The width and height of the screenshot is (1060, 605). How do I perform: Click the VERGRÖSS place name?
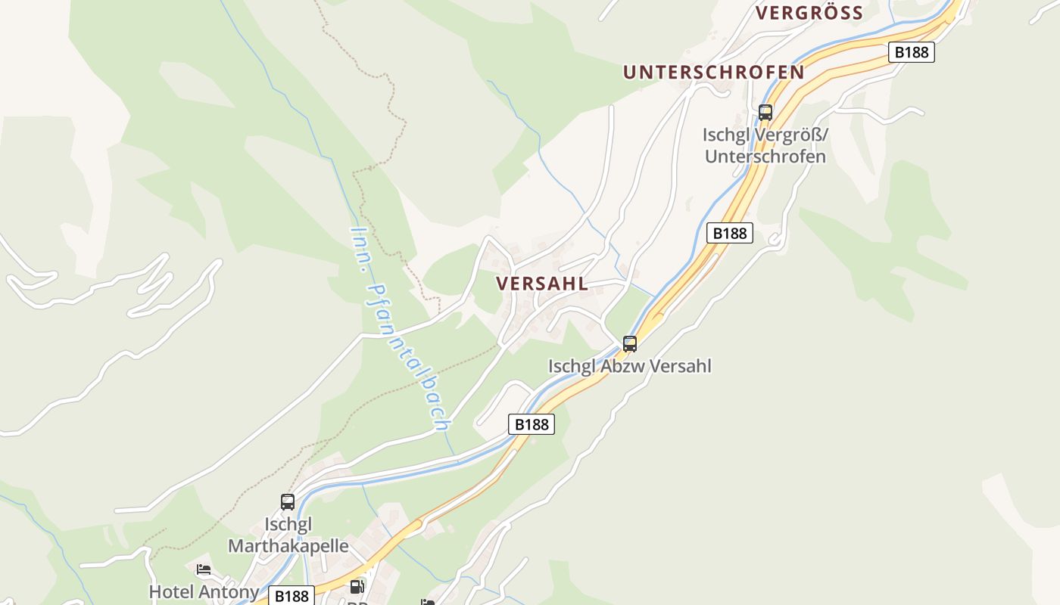tap(809, 13)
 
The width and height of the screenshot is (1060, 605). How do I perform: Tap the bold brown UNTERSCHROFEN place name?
tap(713, 72)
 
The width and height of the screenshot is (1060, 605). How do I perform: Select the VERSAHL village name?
tap(541, 284)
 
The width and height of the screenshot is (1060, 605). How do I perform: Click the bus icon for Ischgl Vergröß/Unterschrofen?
tap(765, 113)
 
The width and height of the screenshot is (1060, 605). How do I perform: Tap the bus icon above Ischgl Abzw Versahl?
tap(630, 344)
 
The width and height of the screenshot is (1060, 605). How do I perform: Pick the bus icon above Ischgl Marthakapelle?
tap(288, 501)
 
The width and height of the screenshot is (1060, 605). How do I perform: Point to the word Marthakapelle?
tap(288, 546)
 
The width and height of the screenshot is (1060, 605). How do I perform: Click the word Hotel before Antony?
tap(171, 591)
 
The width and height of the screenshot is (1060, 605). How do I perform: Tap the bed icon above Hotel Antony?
tap(203, 569)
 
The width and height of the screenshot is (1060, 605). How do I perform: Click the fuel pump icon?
tap(356, 586)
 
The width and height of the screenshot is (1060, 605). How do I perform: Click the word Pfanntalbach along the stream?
tap(409, 355)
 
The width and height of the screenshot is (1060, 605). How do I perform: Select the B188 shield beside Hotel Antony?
tap(291, 596)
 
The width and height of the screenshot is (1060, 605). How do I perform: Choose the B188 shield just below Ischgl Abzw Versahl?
tap(532, 424)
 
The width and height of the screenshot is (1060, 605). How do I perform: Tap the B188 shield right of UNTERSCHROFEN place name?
tap(911, 52)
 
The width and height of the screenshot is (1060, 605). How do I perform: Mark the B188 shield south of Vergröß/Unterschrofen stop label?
tap(730, 233)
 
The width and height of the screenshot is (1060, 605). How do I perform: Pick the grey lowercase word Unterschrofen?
tap(765, 157)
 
